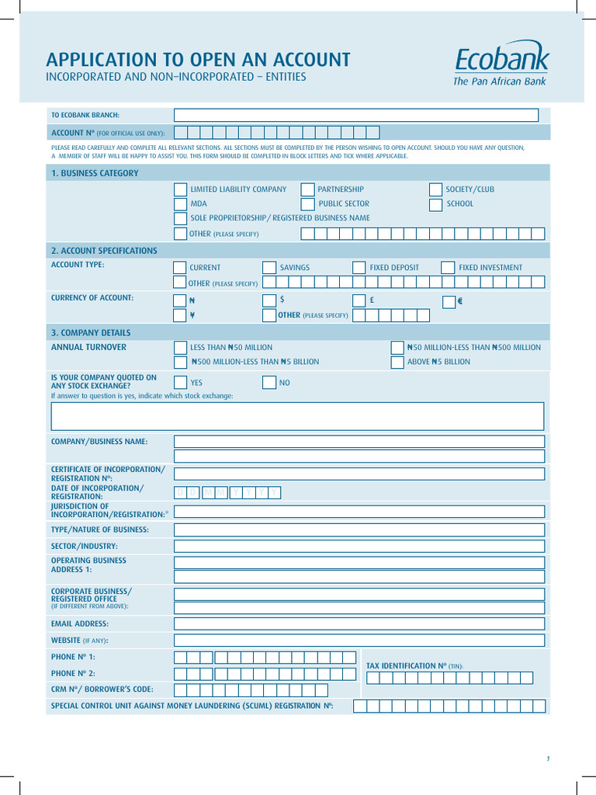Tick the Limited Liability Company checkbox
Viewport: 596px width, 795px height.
(x=180, y=189)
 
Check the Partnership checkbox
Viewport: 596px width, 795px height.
(x=307, y=189)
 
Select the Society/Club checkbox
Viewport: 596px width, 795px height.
(x=435, y=189)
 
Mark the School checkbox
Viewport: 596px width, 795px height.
(x=435, y=204)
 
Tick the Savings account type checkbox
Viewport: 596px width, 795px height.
(x=269, y=268)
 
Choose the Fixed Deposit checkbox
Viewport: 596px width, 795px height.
(x=359, y=268)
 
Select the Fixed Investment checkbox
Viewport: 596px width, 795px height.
(x=448, y=268)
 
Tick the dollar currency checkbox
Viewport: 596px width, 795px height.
(x=269, y=300)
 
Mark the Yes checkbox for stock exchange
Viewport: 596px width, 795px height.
(x=180, y=382)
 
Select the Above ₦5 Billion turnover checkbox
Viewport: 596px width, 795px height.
(x=397, y=362)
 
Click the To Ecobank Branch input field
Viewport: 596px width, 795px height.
(x=356, y=115)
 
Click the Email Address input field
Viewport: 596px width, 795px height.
(x=359, y=623)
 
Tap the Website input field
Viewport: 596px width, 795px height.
(x=359, y=641)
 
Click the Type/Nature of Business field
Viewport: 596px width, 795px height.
(x=359, y=529)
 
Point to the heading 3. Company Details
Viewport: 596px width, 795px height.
(x=91, y=332)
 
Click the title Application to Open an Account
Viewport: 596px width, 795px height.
(x=198, y=60)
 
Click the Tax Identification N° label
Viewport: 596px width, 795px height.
(x=414, y=666)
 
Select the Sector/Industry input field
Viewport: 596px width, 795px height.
(x=359, y=546)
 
